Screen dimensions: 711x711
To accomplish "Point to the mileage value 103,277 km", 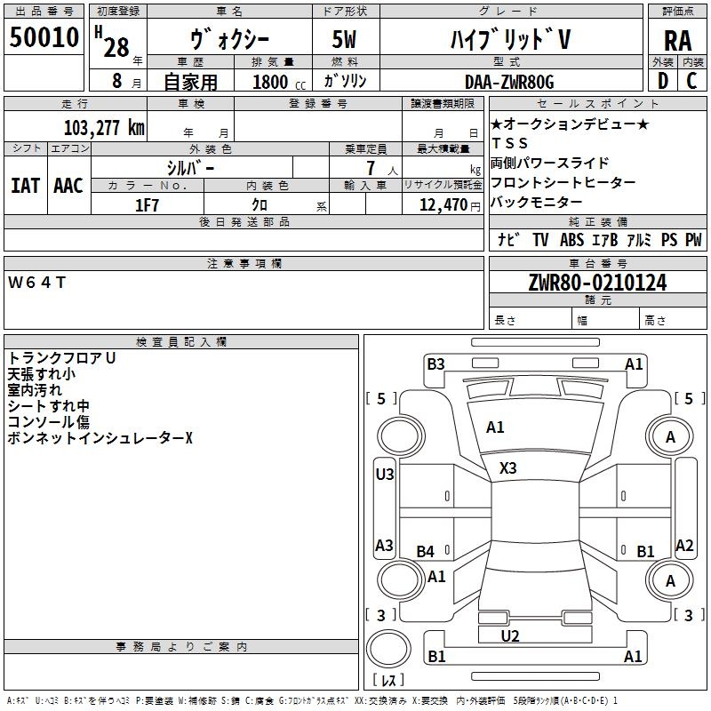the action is coord(104,127).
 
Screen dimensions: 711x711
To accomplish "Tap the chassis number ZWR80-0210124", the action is coord(597,284).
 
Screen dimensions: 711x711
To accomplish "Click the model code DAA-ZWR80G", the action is coord(509,82).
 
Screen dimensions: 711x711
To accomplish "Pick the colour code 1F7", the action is coord(147,205).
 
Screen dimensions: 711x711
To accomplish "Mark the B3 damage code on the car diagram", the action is coord(435,363).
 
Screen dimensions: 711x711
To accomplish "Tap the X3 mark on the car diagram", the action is coord(508,467).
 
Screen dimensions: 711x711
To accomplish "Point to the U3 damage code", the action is coord(384,475).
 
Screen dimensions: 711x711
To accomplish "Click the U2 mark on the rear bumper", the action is coord(509,635).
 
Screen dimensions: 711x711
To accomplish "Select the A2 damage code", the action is coord(684,546).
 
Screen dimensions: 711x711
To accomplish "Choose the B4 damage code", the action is coord(426,552).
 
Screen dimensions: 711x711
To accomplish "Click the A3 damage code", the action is coord(384,546).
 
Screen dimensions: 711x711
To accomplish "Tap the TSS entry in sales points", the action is coord(509,143).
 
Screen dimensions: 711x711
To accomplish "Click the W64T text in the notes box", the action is coord(36,283).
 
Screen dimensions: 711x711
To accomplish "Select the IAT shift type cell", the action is coord(25,185).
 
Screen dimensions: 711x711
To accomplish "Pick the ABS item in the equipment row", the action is coord(571,240).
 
